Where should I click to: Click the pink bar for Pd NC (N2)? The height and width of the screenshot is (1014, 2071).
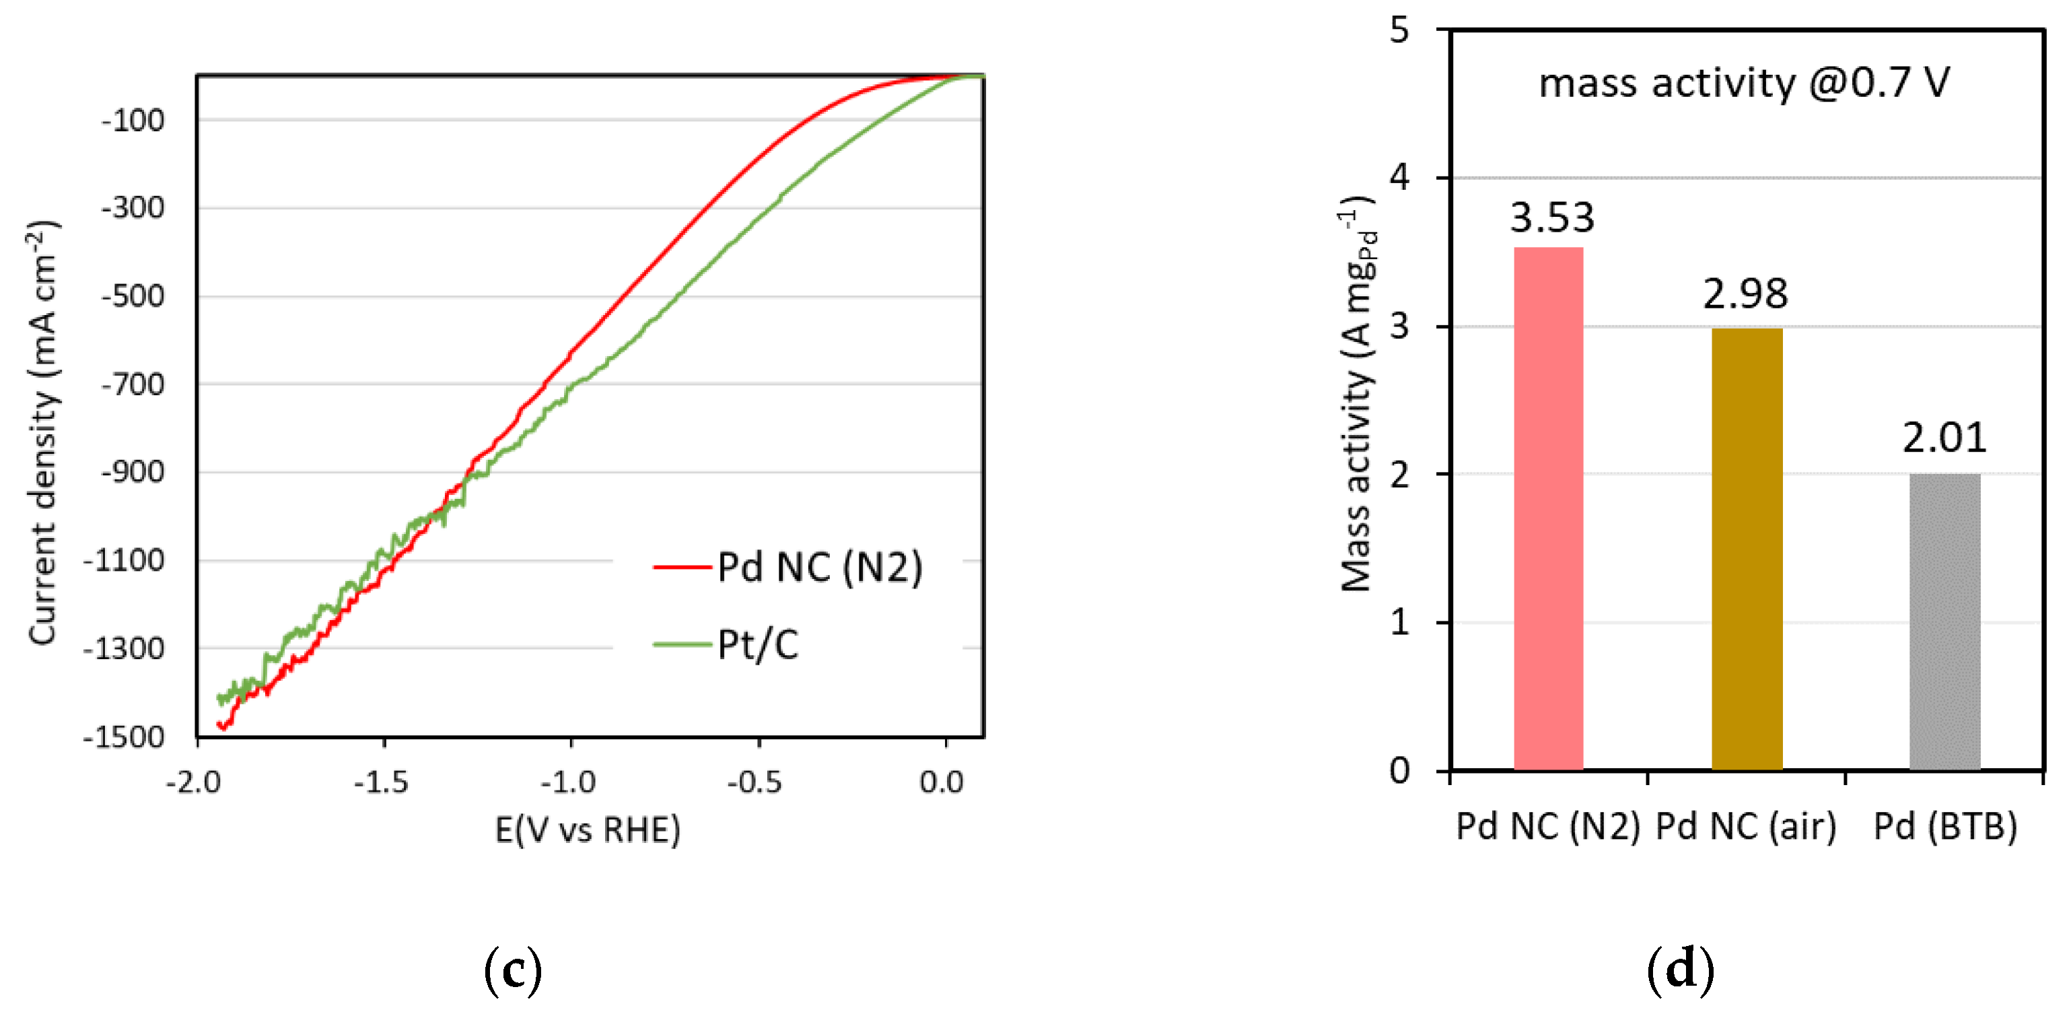pyautogui.click(x=1549, y=508)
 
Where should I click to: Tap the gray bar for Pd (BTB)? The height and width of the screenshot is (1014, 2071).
pyautogui.click(x=1944, y=621)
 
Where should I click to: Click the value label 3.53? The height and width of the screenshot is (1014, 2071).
pyautogui.click(x=1551, y=217)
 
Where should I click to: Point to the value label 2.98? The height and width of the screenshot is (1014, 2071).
pyautogui.click(x=1745, y=294)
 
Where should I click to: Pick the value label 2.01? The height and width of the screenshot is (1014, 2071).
pyautogui.click(x=1944, y=438)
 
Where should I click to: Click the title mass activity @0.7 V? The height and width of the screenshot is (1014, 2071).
pyautogui.click(x=1744, y=83)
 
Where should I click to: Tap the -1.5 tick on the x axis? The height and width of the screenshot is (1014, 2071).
pyautogui.click(x=381, y=781)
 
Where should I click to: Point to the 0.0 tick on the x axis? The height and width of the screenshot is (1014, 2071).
pyautogui.click(x=942, y=781)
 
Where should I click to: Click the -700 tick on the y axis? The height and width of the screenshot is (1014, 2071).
pyautogui.click(x=133, y=384)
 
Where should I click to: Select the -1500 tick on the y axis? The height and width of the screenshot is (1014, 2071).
pyautogui.click(x=124, y=737)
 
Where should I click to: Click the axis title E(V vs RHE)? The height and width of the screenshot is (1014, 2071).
pyautogui.click(x=588, y=829)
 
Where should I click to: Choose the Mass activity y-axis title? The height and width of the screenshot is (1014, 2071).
pyautogui.click(x=1358, y=394)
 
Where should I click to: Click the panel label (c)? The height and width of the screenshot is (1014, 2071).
pyautogui.click(x=513, y=970)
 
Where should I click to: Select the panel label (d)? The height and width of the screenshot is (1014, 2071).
pyautogui.click(x=1680, y=970)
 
